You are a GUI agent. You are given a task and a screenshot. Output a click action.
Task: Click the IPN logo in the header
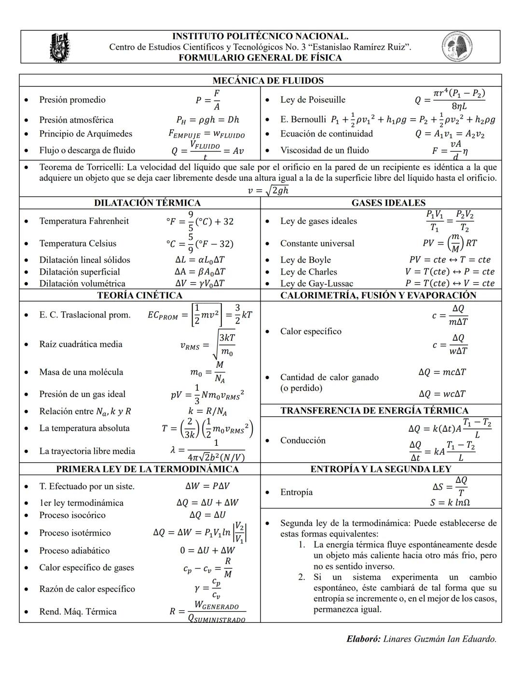point(60,47)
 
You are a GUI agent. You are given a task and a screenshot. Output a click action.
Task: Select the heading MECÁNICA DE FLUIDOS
point(268,81)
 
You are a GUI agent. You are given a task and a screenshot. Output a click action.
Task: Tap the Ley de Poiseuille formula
point(450,99)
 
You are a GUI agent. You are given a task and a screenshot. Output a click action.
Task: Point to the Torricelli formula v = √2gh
point(268,190)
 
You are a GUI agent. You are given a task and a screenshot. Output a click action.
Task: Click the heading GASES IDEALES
point(388,203)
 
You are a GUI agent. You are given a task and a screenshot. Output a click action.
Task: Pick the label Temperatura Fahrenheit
point(84,221)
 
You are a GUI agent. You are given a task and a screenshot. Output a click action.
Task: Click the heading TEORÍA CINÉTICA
point(139,295)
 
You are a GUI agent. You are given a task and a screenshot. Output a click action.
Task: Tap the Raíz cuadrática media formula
point(208,344)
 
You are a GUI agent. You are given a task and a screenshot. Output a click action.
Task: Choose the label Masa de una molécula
point(81,372)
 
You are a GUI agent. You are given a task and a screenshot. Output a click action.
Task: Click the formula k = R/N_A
point(207,412)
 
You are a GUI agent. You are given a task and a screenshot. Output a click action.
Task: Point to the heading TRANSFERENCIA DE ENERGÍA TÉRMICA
point(374,411)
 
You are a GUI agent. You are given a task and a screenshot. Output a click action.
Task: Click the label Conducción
point(303,440)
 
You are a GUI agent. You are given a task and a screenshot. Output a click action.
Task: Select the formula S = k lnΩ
point(450,502)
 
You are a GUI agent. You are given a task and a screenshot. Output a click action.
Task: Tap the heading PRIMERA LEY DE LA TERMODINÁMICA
point(147,469)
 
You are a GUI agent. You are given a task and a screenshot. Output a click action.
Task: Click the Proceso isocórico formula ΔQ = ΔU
point(207,515)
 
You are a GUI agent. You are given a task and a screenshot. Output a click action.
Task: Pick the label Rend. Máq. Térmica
point(78,611)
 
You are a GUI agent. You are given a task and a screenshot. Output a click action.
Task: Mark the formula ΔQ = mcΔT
point(442,372)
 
